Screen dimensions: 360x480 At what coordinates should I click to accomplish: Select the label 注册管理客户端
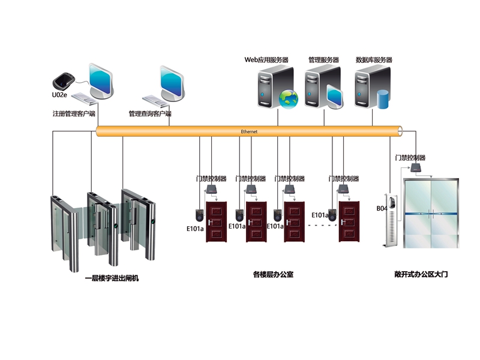(x=74, y=113)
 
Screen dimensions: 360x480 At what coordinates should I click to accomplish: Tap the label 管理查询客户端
(x=150, y=113)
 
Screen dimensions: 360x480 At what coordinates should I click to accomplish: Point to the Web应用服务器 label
(x=266, y=60)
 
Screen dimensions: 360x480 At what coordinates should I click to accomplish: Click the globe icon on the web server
(x=288, y=97)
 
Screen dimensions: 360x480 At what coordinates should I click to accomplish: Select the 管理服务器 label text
(x=323, y=60)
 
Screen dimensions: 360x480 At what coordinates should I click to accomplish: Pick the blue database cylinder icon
(x=382, y=98)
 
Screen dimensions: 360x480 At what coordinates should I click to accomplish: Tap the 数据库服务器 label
(x=374, y=60)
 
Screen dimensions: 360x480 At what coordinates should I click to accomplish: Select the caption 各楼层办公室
(x=273, y=275)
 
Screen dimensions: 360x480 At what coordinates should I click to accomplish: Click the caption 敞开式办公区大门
(x=421, y=274)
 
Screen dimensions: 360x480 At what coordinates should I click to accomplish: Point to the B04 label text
(x=382, y=208)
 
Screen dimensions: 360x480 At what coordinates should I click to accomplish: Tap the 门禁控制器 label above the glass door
(x=410, y=158)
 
